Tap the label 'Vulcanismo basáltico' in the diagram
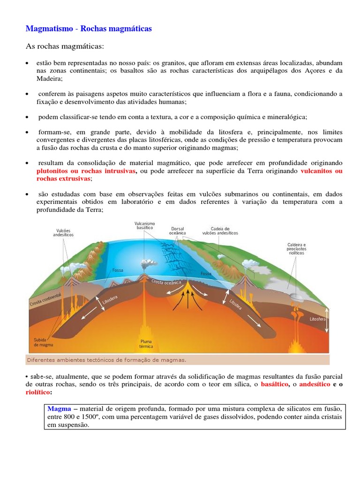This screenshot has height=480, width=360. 145,226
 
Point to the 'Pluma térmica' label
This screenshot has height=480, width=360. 147,344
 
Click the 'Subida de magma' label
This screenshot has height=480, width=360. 43,342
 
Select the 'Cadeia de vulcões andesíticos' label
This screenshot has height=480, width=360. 220,230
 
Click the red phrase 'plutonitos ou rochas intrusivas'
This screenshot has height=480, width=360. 86,171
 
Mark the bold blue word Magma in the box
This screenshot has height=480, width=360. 59,409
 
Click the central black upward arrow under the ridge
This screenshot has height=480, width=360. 188,299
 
